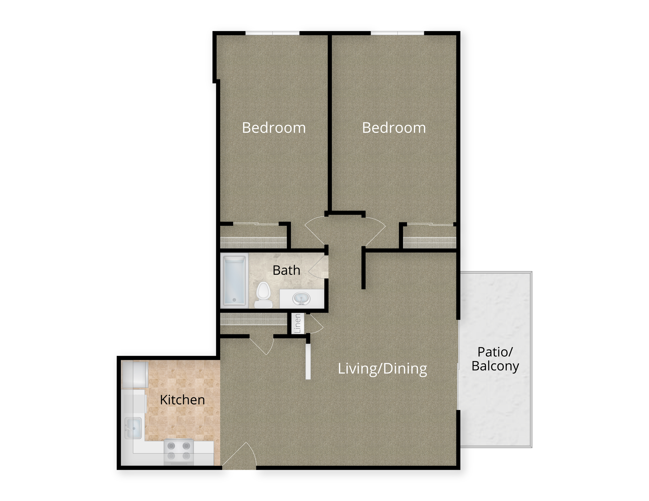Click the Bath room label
(286, 270)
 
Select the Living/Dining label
(382, 369)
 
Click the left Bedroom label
(274, 128)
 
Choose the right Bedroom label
(394, 128)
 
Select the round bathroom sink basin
(301, 299)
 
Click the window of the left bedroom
(272, 33)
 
